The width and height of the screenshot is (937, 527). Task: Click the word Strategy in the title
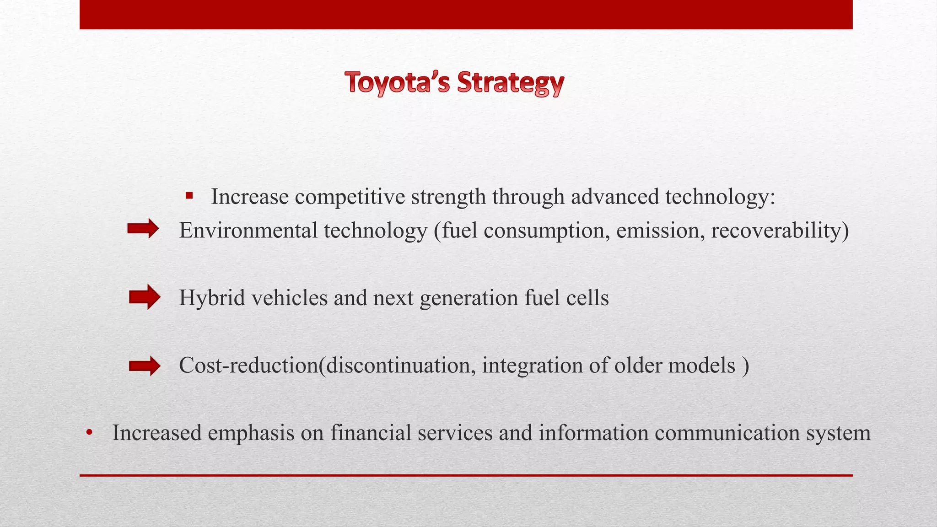511,83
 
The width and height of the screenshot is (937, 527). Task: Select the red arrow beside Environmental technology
143,229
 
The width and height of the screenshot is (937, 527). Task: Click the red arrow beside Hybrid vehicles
145,297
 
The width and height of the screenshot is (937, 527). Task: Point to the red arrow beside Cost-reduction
145,366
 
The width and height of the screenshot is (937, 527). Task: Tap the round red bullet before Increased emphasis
89,433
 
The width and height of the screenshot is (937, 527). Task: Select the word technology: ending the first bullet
720,197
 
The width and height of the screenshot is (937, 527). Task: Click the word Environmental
248,230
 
